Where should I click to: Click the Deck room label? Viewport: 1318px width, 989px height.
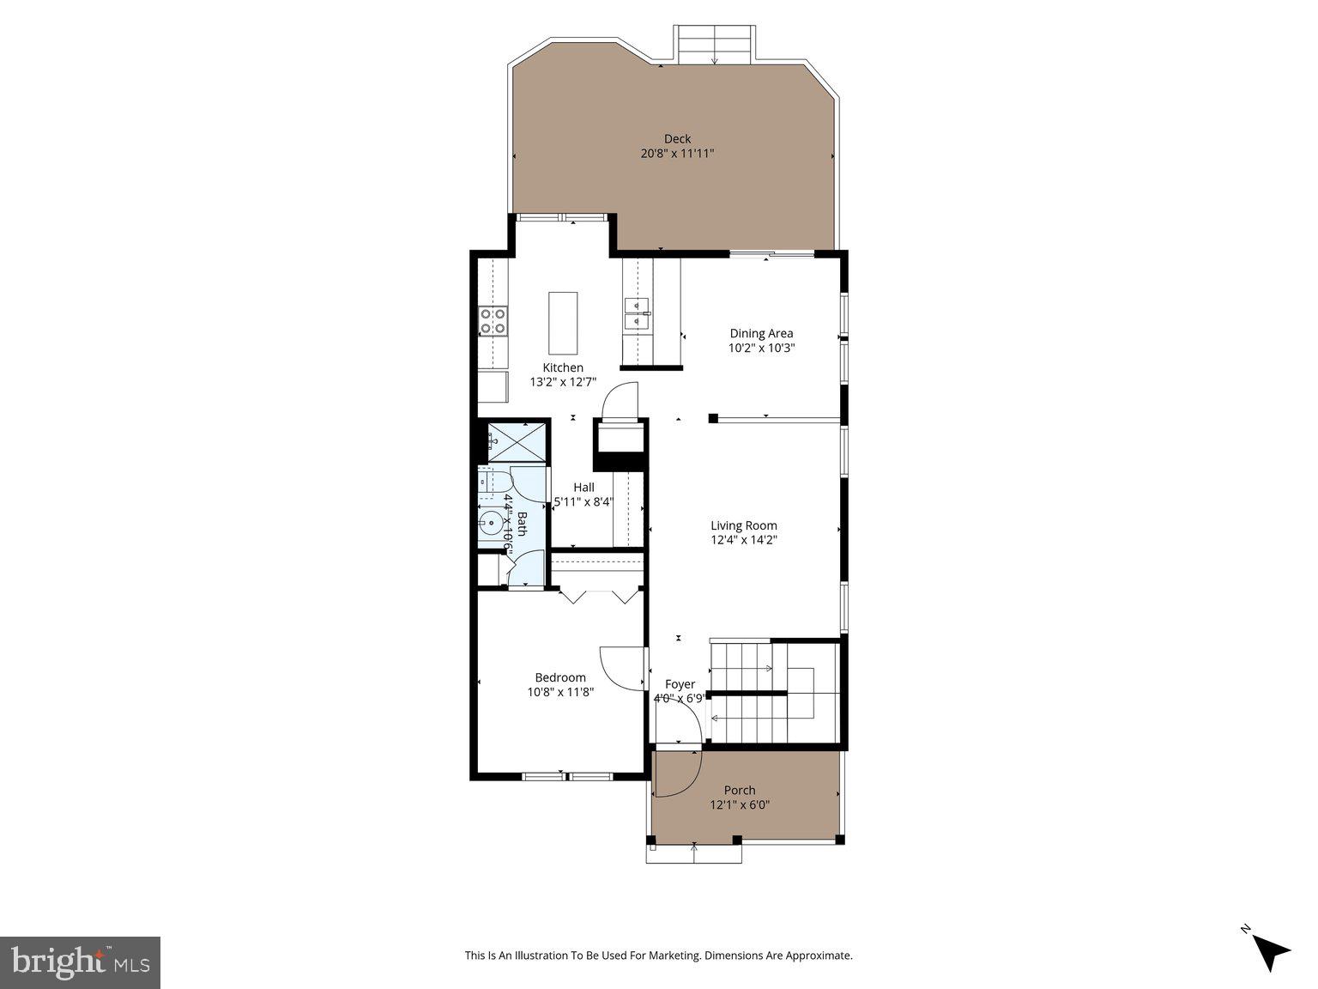677,139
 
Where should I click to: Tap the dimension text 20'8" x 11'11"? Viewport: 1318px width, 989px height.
677,154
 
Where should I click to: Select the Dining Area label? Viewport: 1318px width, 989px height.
761,333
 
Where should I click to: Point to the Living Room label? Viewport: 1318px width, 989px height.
743,525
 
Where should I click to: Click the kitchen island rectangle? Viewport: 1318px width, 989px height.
563,323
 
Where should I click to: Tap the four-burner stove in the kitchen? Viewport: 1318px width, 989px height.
493,321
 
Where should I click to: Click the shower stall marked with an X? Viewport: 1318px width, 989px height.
517,442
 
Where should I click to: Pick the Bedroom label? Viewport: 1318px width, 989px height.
560,677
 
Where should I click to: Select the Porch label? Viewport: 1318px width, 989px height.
739,790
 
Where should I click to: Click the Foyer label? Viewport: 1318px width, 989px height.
680,684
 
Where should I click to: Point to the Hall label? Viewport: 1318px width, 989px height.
583,488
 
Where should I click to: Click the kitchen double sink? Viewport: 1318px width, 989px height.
637,313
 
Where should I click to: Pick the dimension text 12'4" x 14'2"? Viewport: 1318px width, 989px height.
743,540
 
